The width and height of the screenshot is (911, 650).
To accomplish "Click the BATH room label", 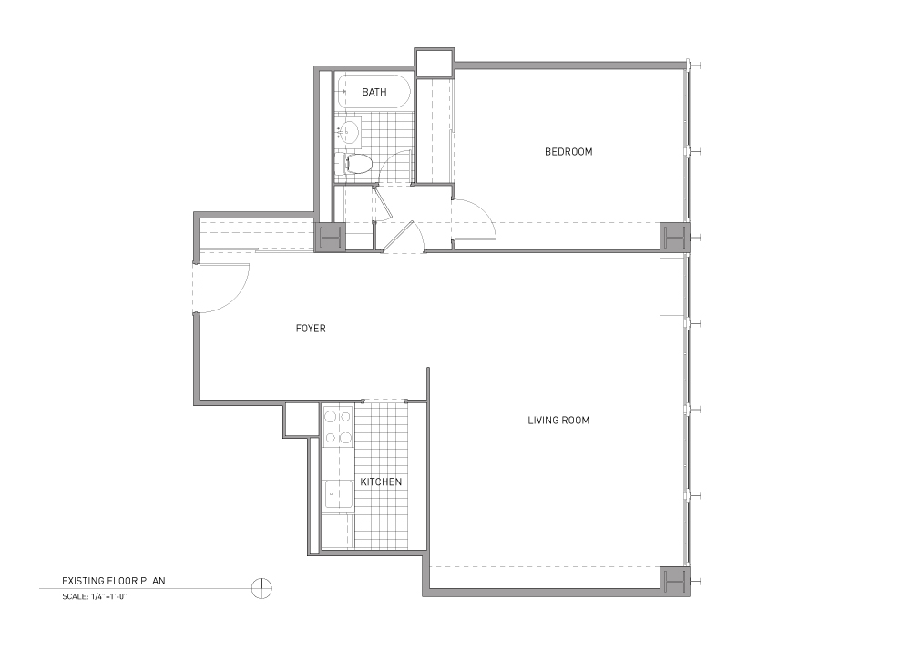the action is pos(374,92).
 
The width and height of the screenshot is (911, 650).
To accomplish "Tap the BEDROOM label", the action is pos(568,152).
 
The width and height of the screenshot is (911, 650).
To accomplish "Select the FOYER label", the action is pos(311,329).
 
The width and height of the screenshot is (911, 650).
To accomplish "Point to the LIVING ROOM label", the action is pos(558,421).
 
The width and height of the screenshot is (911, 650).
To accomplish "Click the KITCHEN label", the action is pos(381,482).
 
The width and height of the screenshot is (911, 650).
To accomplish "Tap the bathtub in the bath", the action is pos(374,92).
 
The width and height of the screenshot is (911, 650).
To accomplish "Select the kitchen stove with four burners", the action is pos(338,427).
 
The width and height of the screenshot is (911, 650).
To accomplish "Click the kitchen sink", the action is pos(339,495).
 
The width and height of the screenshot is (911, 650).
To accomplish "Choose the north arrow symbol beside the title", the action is pos(262,588).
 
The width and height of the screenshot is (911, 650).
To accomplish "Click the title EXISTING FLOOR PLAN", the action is pos(114,581).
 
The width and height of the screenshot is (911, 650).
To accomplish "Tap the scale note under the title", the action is pos(94,596).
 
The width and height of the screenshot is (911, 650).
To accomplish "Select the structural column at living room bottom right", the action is pos(674,581).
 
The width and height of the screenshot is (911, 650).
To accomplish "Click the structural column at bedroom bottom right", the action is pos(674,237).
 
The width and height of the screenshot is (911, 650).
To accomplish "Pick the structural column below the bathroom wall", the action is pos(330,237).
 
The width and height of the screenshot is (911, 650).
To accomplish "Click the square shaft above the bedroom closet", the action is pos(434,63).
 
